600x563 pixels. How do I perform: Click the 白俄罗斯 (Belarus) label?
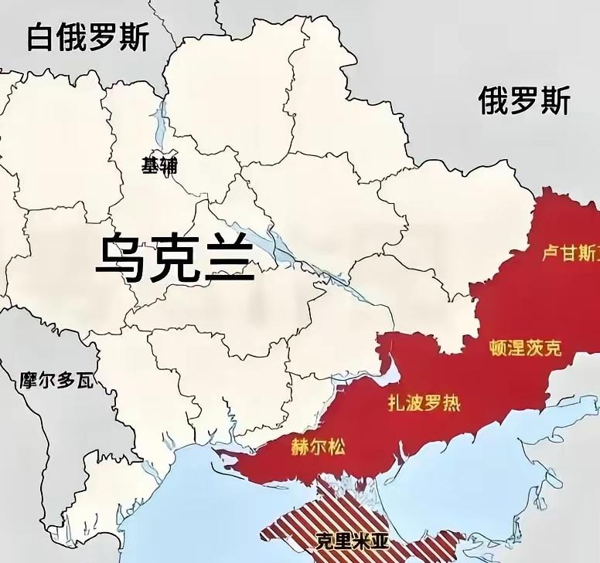87,36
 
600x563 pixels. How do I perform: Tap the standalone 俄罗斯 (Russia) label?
524,100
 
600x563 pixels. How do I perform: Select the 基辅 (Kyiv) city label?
159,165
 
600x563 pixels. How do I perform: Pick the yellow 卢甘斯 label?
569,253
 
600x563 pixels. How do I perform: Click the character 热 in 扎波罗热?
452,402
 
